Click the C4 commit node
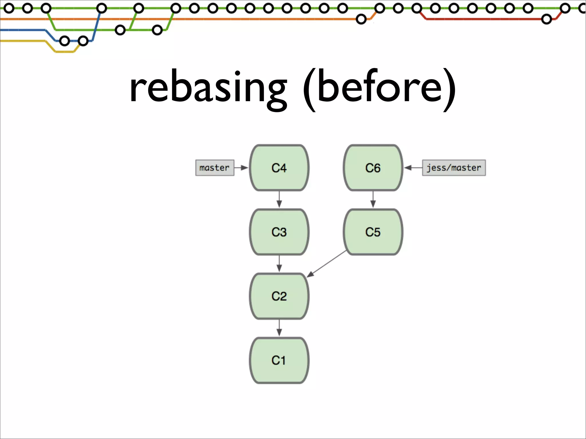coord(279,168)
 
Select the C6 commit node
coord(373,168)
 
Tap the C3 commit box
coord(279,232)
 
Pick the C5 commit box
coord(373,232)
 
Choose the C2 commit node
coord(279,296)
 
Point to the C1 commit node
coord(279,360)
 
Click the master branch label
coord(215,168)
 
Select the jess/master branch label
coord(454,168)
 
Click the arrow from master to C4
coord(241,168)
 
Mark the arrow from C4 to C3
coord(279,199)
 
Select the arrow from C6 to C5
coord(373,199)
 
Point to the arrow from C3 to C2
coord(279,264)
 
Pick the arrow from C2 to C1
coord(279,328)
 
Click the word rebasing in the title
coord(208,87)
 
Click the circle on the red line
coord(546,19)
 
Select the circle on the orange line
coord(361,19)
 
